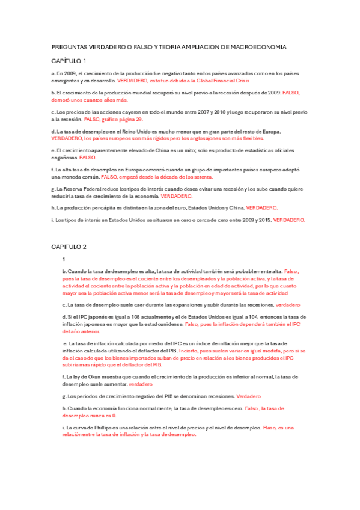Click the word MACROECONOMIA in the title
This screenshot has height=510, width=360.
(257, 46)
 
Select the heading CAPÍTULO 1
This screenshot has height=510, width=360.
(69, 61)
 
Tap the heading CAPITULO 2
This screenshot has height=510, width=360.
(69, 247)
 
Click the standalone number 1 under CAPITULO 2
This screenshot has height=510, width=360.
(64, 259)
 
